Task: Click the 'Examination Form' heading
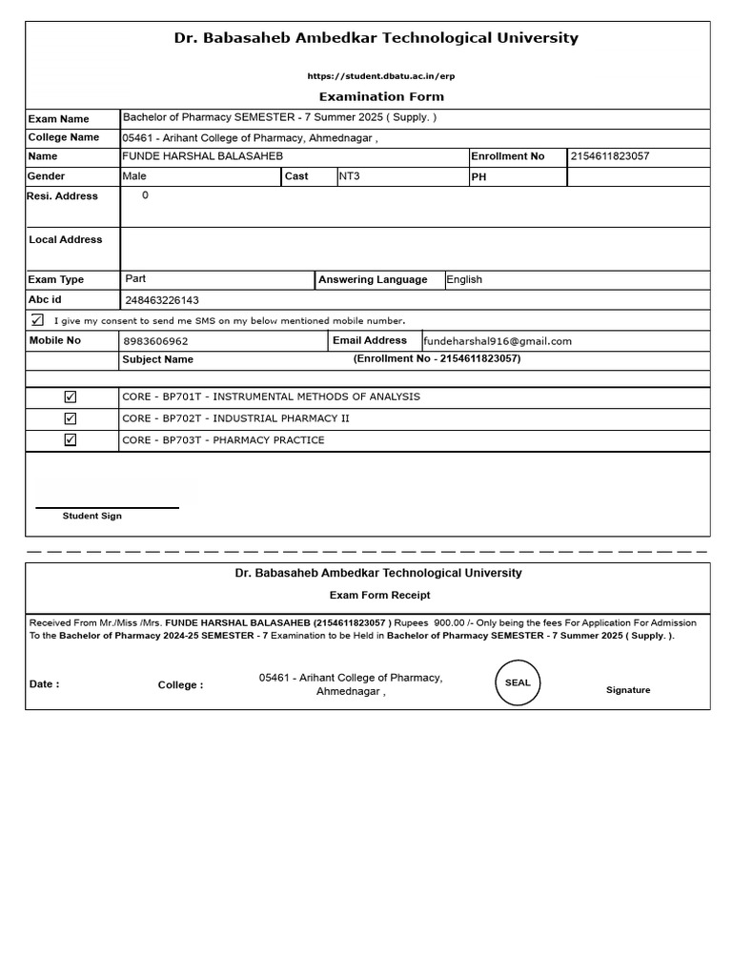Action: pos(380,96)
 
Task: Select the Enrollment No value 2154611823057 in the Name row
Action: pos(609,156)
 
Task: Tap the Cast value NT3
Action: pos(349,176)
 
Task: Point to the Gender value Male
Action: pos(134,176)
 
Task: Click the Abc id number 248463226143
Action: pos(162,300)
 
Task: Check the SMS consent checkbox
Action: pos(37,320)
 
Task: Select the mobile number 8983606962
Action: pos(156,341)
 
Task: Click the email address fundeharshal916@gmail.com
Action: pos(498,341)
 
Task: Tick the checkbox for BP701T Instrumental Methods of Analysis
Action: pos(71,396)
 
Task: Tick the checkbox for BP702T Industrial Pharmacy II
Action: pos(71,418)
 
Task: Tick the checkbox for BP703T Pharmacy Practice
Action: pos(71,440)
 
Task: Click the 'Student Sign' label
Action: pos(92,516)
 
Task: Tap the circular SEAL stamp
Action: pos(518,683)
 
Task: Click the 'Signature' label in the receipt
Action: pos(628,690)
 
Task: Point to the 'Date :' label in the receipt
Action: pos(44,684)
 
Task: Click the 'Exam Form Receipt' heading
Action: pos(379,595)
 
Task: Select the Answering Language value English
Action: pos(464,280)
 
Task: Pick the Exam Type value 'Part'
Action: pos(135,279)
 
